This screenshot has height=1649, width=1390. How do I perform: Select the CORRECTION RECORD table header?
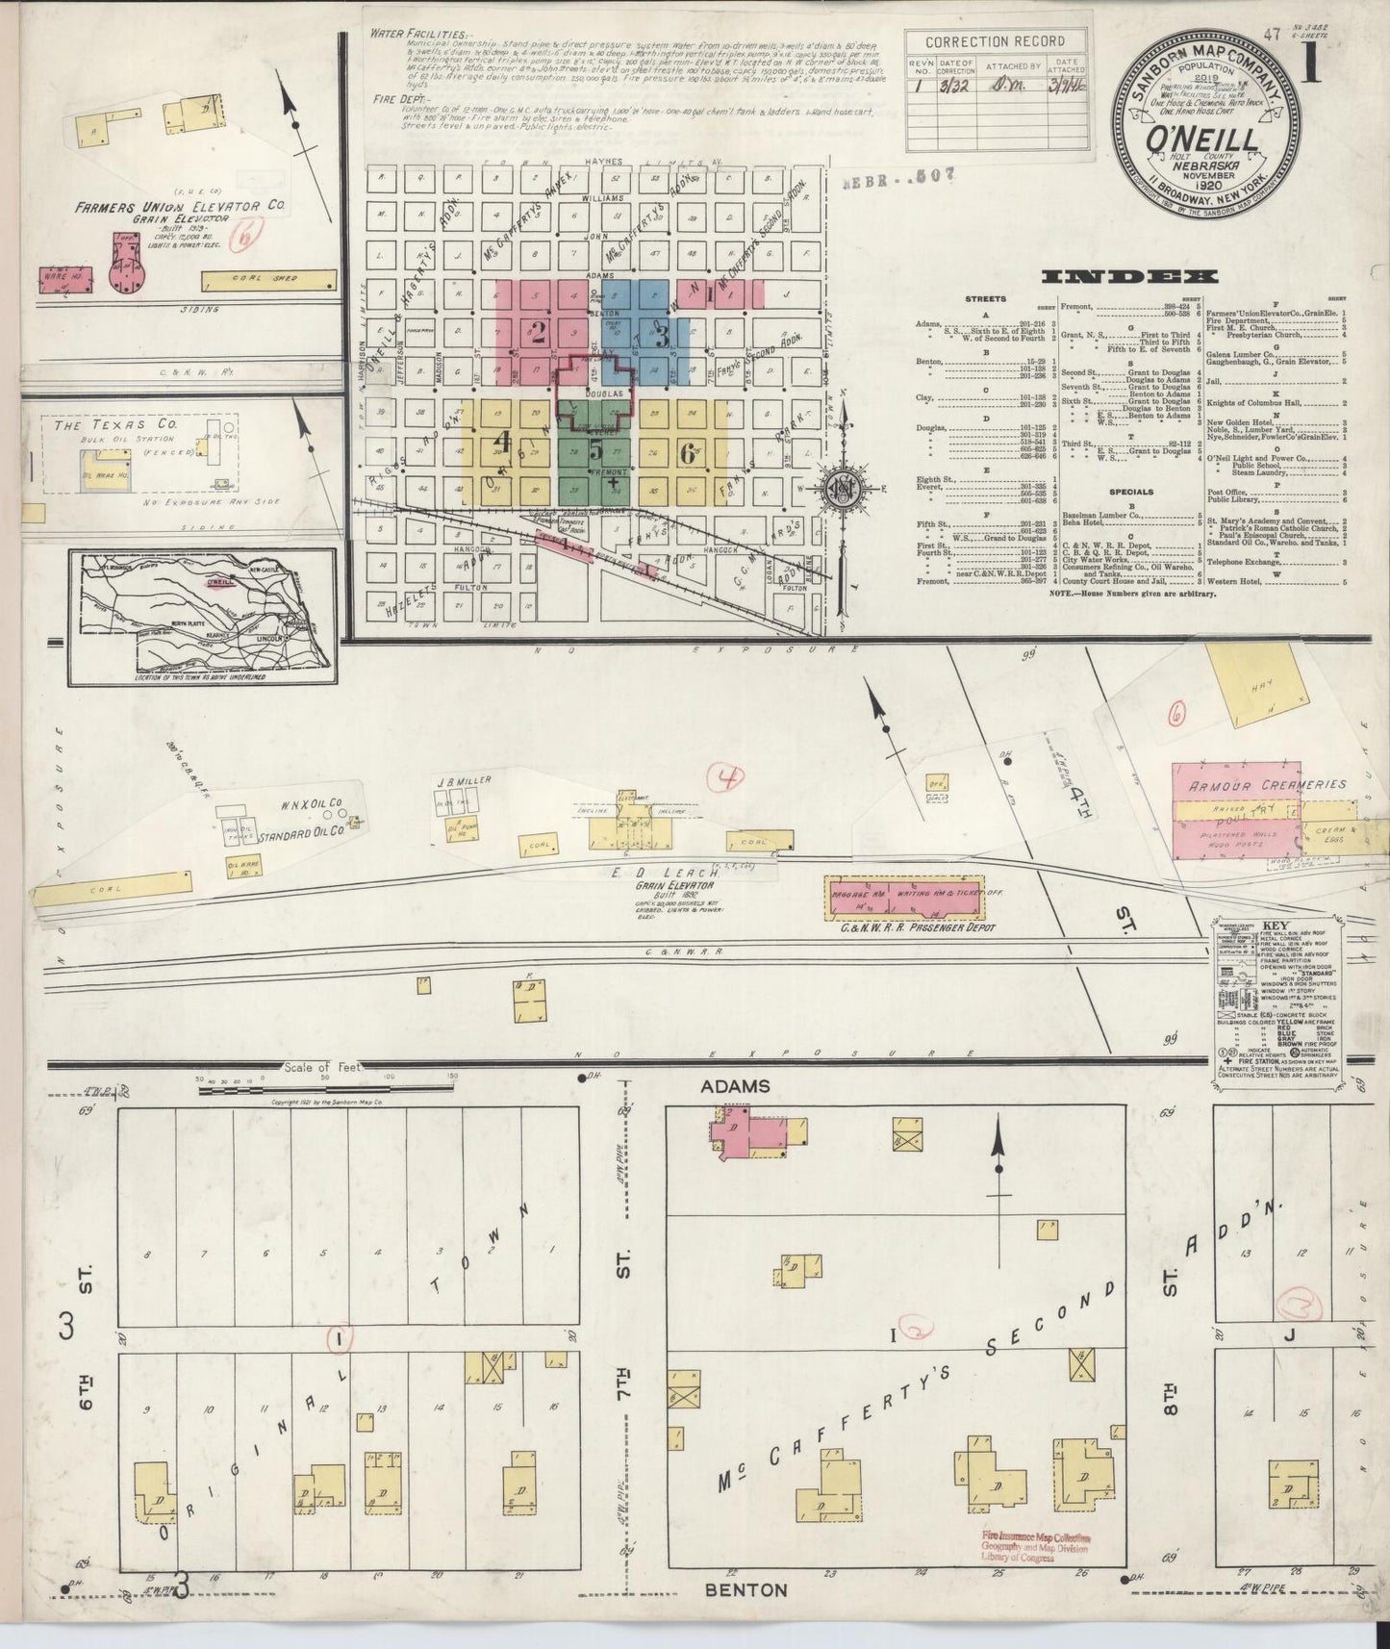[995, 41]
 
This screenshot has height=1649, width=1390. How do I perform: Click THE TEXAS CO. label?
[101, 424]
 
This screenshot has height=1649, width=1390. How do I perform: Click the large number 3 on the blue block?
[663, 336]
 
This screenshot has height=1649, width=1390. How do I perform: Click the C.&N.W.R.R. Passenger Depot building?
[905, 893]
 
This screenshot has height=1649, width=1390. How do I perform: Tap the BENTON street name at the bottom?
[746, 1589]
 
